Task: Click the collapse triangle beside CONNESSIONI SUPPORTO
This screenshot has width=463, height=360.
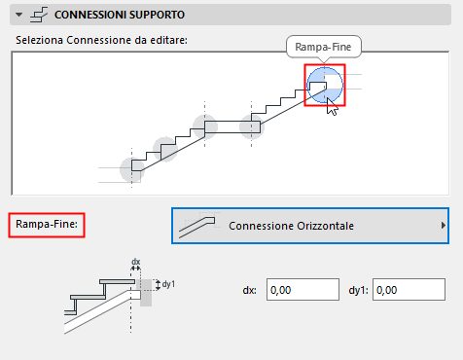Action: coord(19,15)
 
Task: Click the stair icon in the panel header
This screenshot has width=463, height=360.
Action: coord(39,15)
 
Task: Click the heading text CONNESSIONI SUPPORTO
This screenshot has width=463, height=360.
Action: coord(120,15)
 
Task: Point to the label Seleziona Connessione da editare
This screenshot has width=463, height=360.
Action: coord(101,40)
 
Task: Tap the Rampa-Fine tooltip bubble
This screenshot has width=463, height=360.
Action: coord(323,47)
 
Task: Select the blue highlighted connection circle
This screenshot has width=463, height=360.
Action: coord(325,85)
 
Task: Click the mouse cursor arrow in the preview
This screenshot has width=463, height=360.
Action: coord(332,106)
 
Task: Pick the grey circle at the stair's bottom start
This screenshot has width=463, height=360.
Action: coord(131,169)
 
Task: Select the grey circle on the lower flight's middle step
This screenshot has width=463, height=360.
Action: coord(165,149)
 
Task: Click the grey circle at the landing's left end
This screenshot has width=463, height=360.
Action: coord(205,127)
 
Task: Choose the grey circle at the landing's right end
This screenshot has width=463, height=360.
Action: coord(252,127)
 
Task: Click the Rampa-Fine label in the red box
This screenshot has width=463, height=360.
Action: coord(47,224)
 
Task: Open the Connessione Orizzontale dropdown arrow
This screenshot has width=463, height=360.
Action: coord(444,226)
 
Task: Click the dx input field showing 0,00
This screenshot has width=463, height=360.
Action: coord(303,290)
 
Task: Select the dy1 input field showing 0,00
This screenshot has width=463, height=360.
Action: coord(409,290)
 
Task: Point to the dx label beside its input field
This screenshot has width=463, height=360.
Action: coord(249,290)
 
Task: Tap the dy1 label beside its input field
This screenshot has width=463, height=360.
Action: coord(359,290)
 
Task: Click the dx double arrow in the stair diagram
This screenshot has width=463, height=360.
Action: coord(135,269)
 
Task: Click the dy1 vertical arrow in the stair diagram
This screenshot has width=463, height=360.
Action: coord(158,285)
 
